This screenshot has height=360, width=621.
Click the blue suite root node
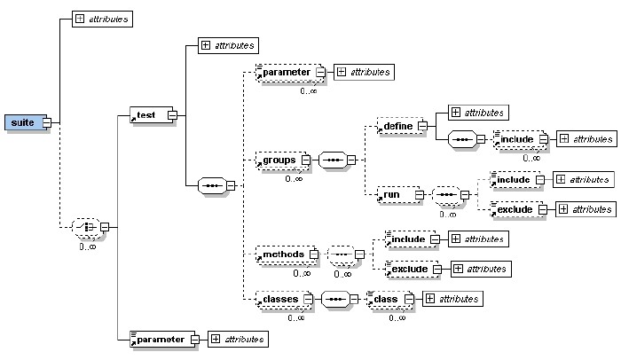coord(22,121)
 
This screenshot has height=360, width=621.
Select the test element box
coord(147,114)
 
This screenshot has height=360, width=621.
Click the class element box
coord(387,298)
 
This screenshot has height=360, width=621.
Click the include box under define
coord(515,139)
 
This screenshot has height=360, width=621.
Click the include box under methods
coord(405,238)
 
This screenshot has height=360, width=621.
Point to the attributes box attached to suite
coord(101,19)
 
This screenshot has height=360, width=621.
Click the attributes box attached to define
coord(478,113)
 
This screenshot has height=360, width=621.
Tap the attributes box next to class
coord(452,298)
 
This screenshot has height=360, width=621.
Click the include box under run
coord(514,179)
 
